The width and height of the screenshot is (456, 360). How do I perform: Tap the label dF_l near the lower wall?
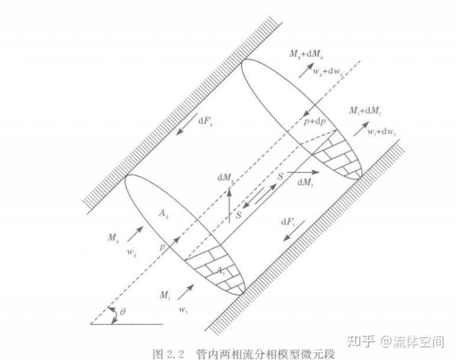pos(288,221)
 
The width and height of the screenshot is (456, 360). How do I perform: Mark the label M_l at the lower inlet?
pos(165,293)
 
